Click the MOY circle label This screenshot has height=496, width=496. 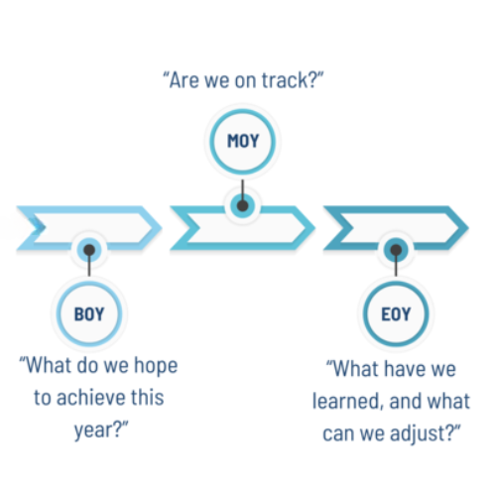click(x=243, y=141)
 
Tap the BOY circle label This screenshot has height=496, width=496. click(x=89, y=313)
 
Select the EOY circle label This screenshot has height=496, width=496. click(x=396, y=313)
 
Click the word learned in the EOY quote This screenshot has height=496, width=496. click(x=347, y=402)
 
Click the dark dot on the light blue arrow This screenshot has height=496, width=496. click(x=89, y=250)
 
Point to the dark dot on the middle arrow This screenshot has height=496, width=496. click(x=243, y=205)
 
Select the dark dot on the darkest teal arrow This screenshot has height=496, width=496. click(x=396, y=250)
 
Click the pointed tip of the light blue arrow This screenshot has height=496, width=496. click(x=162, y=227)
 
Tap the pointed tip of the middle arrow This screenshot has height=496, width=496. click(x=314, y=227)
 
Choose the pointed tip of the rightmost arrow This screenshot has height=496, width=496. click(x=468, y=227)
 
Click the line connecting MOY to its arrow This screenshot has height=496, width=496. click(x=243, y=191)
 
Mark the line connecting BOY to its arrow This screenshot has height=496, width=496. click(x=89, y=265)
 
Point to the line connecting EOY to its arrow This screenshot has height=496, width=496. click(x=396, y=265)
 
